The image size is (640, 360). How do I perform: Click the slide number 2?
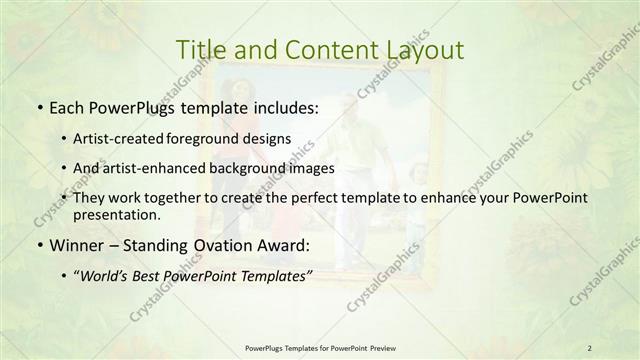tap(589, 347)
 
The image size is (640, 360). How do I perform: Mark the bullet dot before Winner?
tap(39, 244)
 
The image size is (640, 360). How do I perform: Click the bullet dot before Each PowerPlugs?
tap(39, 106)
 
